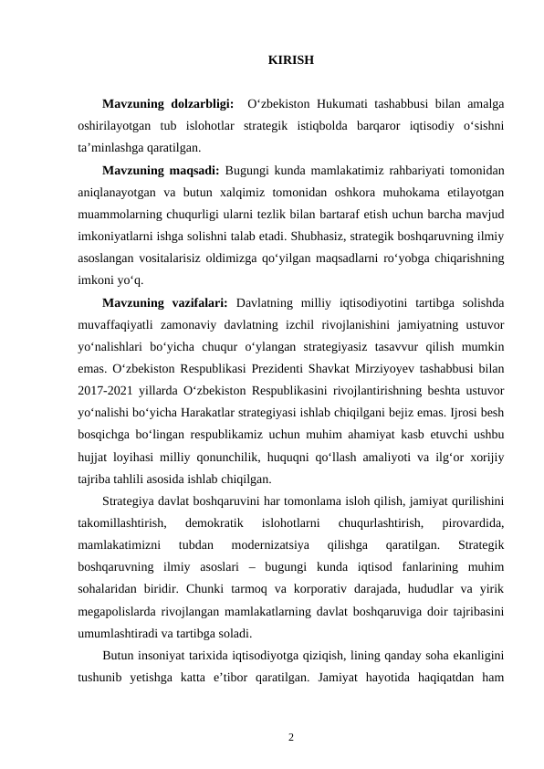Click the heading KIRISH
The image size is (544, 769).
(291, 60)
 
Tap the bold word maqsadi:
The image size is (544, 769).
(193, 170)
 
